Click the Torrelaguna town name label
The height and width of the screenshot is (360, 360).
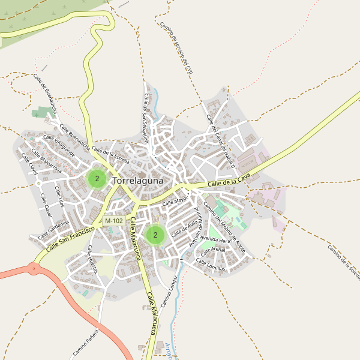[x=142, y=179]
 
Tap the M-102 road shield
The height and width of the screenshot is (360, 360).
[x=114, y=221]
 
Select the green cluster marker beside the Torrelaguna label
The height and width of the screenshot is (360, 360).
[x=97, y=178]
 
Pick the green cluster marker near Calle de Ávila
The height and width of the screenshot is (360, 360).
[x=155, y=235]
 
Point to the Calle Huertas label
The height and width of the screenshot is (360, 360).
[x=92, y=259]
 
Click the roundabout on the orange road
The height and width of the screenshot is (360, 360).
[x=34, y=269]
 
